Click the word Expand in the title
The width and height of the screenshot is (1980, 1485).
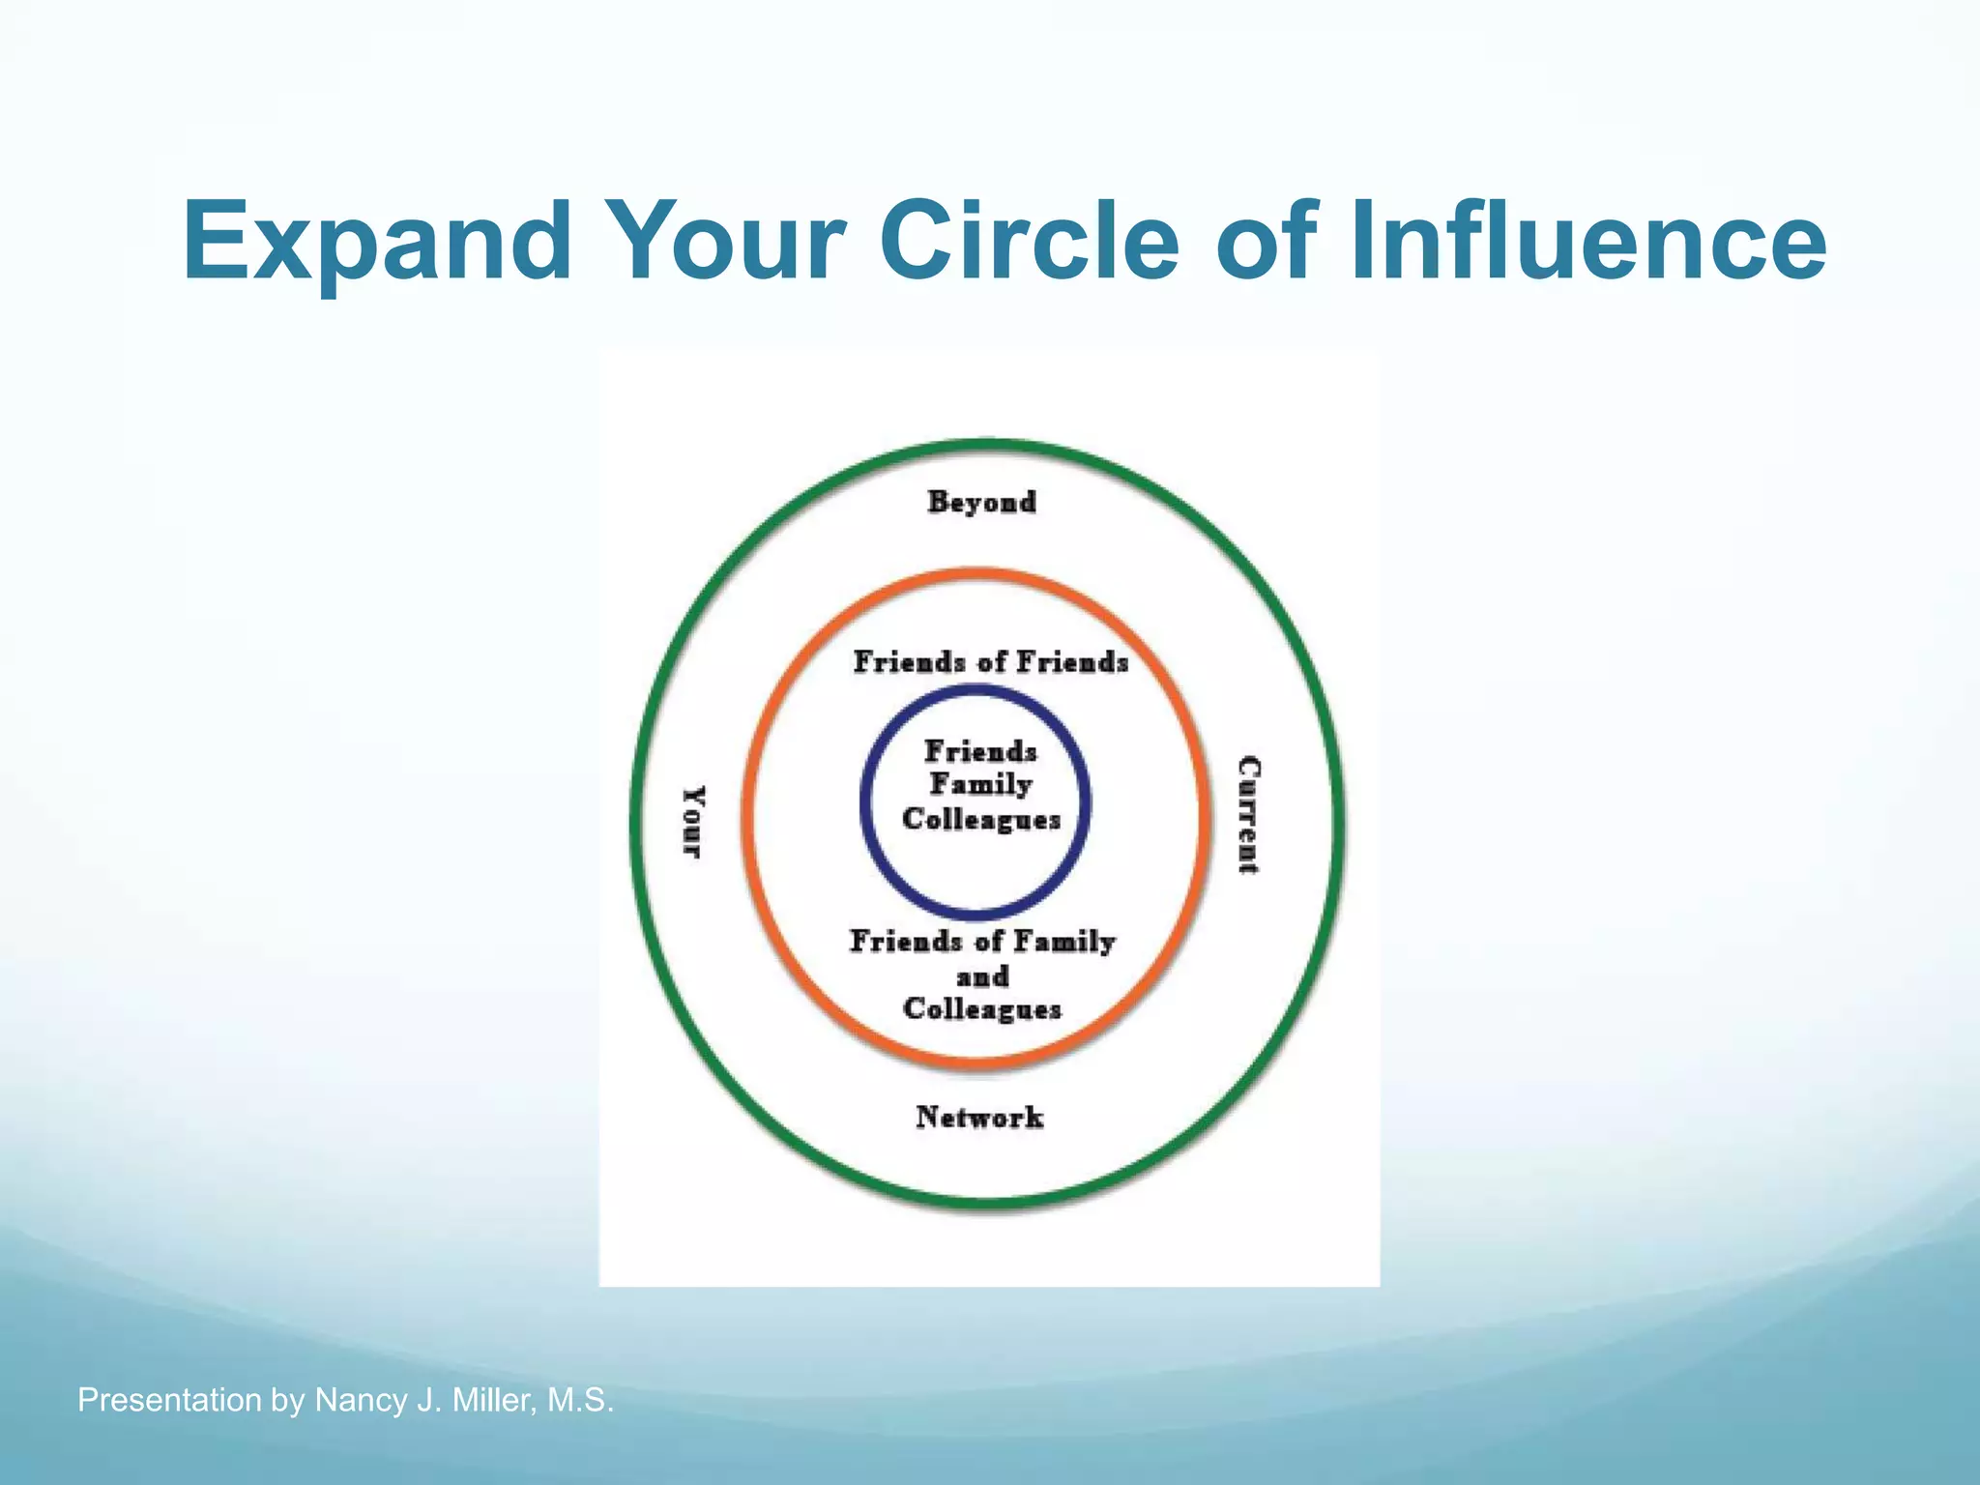pos(377,242)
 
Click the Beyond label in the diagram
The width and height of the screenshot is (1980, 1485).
pos(981,502)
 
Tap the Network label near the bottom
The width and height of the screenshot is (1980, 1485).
pos(979,1118)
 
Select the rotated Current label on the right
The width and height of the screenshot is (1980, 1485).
pos(1248,815)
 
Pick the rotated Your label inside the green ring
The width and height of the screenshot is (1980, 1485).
pos(693,821)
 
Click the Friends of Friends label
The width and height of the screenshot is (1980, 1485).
pos(990,662)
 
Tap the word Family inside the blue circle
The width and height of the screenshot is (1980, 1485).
pos(980,784)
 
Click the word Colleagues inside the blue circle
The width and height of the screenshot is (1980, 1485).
pos(981,819)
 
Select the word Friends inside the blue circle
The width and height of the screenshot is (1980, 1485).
pos(980,751)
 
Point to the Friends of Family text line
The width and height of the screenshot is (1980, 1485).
pos(982,941)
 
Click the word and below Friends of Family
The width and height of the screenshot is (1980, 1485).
pos(982,976)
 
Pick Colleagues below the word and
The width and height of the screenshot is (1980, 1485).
pos(982,1009)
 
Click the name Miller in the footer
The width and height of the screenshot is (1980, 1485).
pos(495,1400)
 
